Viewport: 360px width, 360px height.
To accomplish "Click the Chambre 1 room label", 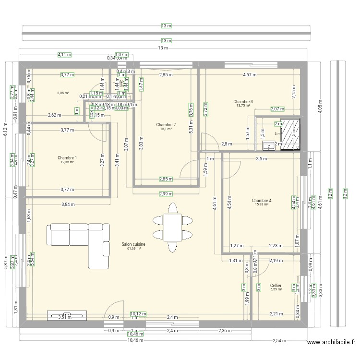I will (67, 158).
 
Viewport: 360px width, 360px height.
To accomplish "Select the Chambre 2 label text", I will (166, 125).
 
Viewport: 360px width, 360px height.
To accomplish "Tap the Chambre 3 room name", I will (243, 102).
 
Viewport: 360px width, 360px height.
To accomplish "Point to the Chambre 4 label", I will (262, 201).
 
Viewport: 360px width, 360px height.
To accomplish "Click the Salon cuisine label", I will (133, 244).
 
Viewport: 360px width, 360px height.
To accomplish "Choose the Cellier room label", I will (276, 285).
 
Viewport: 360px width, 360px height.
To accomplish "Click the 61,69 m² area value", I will (133, 249).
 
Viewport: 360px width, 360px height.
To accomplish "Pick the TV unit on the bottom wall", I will (67, 316).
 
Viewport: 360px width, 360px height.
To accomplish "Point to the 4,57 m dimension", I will (250, 75).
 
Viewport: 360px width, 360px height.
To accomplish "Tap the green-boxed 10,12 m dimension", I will (137, 315).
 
